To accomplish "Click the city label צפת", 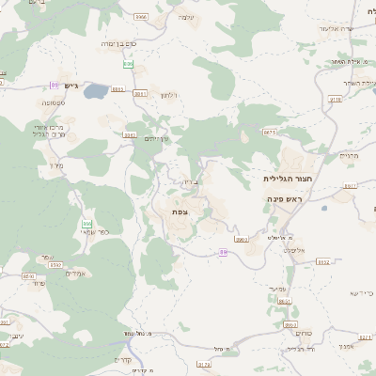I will [x=179, y=212].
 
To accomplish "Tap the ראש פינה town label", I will [x=284, y=200].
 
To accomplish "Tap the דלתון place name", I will [x=169, y=95].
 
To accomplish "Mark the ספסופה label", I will [x=52, y=102].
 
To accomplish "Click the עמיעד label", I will [x=277, y=289].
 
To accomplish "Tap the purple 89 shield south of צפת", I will [x=223, y=251].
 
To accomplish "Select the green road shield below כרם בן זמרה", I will [x=129, y=64].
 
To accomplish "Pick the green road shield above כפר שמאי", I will [x=86, y=224].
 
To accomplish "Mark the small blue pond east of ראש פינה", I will [x=324, y=209].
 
